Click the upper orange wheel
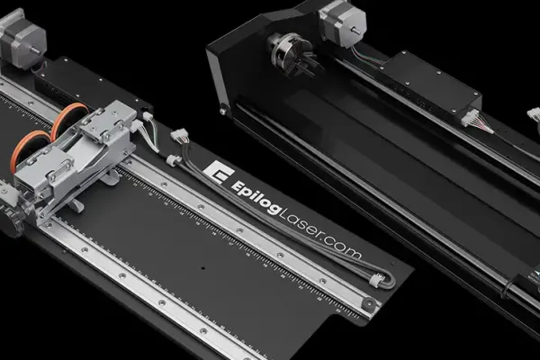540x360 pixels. [x=69, y=120]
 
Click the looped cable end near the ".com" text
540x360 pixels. [x=382, y=281]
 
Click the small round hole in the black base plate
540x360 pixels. [x=203, y=267]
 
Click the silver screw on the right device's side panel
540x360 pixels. [x=223, y=111]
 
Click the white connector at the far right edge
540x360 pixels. [x=533, y=116]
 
